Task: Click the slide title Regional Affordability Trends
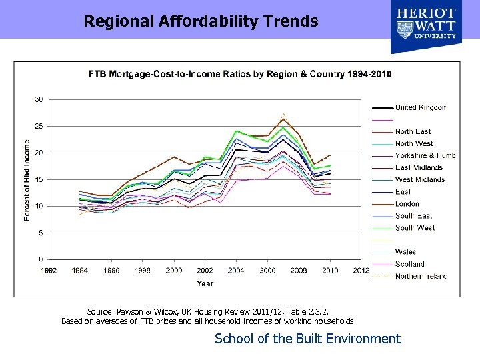pos(201,21)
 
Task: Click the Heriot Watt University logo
pos(426,25)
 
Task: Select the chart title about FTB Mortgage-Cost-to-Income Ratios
pos(240,73)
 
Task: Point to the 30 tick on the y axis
pos(39,99)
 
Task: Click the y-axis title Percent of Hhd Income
pos(27,180)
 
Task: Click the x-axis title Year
pos(205,283)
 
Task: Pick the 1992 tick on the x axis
pos(49,270)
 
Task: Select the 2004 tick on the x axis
pos(236,270)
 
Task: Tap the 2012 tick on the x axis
pos(361,270)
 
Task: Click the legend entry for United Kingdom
pos(421,107)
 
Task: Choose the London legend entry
pos(407,204)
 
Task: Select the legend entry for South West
pos(415,228)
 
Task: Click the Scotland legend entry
pos(409,264)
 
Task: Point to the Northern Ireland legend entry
pos(421,276)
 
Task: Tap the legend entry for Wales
pos(405,252)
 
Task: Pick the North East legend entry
pos(413,132)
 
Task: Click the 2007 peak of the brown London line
pos(283,119)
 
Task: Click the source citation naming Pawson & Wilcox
pos(207,311)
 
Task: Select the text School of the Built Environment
pos(307,339)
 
